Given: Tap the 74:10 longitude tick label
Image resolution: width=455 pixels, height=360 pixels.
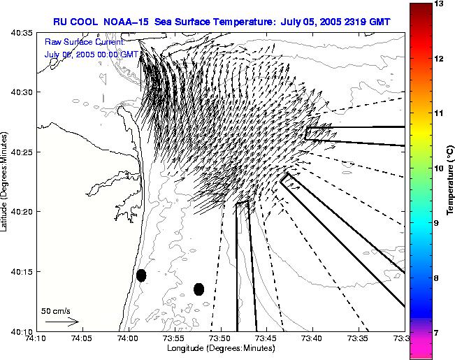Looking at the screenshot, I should point(36,339).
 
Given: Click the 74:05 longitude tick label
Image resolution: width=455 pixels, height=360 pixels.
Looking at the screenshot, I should point(82,339).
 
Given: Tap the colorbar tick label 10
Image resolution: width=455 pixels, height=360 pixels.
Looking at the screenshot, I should point(440,168).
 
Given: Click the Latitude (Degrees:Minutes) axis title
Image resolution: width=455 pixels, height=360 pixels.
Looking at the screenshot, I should point(6,180).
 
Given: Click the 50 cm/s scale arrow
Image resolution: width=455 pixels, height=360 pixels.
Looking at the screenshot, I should point(62,322).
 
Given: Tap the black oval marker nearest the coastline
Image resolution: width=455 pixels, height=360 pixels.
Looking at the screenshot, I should point(141,275).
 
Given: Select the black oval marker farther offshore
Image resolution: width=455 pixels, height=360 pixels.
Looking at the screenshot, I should point(198,289).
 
